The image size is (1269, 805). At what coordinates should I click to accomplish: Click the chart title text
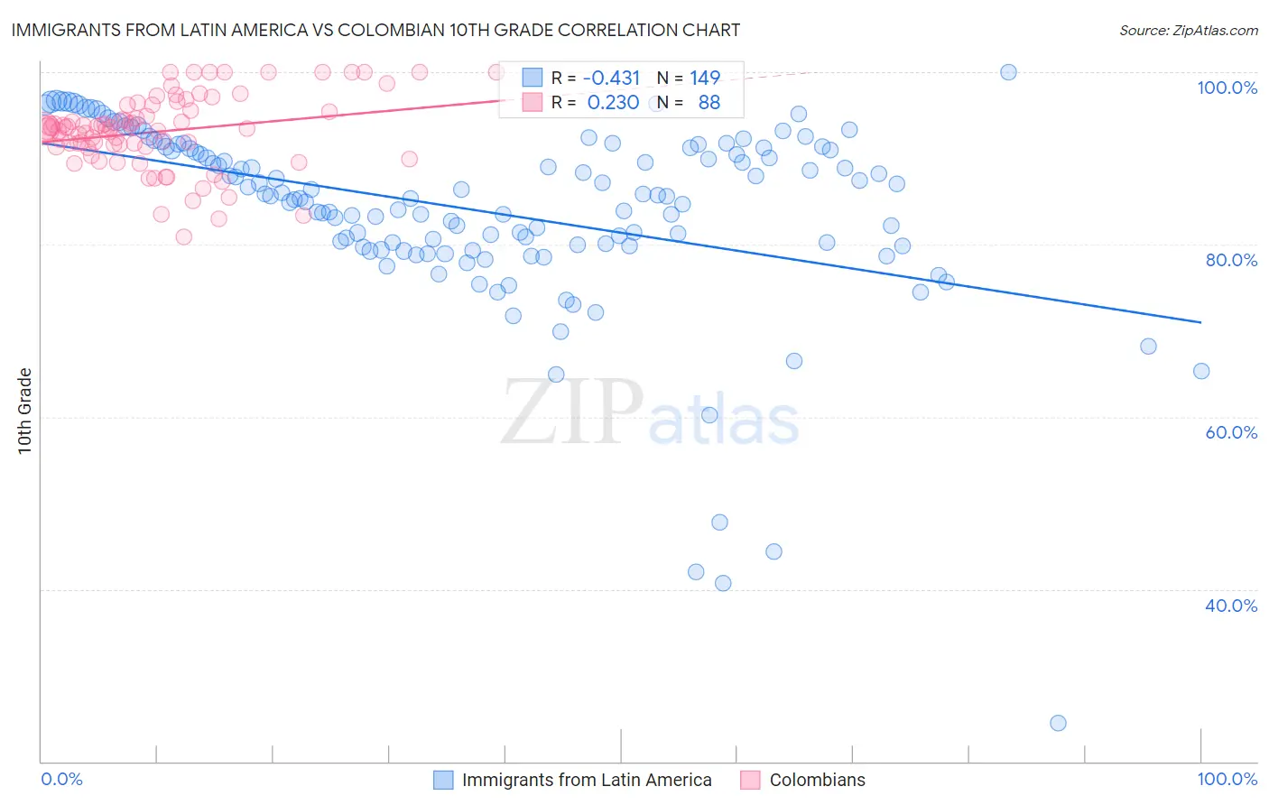tap(375, 30)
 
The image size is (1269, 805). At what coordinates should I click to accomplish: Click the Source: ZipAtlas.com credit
tap(1188, 30)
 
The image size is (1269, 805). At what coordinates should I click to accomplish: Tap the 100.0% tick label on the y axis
tap(1227, 88)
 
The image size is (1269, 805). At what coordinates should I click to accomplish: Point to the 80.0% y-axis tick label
tap(1230, 260)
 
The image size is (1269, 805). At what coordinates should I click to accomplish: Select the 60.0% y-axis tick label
tap(1230, 432)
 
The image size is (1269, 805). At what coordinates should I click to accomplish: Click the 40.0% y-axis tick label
tap(1230, 605)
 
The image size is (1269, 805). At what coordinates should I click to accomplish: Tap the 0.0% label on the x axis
tap(61, 779)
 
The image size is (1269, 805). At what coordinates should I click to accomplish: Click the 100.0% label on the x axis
tap(1227, 779)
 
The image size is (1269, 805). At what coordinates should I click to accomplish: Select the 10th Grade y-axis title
tap(25, 411)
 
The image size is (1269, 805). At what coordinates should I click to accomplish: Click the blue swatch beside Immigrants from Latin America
tap(443, 780)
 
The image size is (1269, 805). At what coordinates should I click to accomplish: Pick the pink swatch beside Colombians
tap(750, 780)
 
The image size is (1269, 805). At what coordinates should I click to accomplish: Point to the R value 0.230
tap(613, 103)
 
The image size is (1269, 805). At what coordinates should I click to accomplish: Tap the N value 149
tap(705, 78)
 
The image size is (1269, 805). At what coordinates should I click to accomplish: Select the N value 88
tap(709, 103)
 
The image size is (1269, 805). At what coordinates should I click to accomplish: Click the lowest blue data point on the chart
tap(1058, 723)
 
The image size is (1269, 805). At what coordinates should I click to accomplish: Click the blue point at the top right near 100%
tap(1008, 72)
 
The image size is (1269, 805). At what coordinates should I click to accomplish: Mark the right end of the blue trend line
tap(1201, 322)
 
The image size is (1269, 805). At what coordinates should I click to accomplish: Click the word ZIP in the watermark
tap(571, 412)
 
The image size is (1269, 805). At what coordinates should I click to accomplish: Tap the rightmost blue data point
tap(1201, 371)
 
